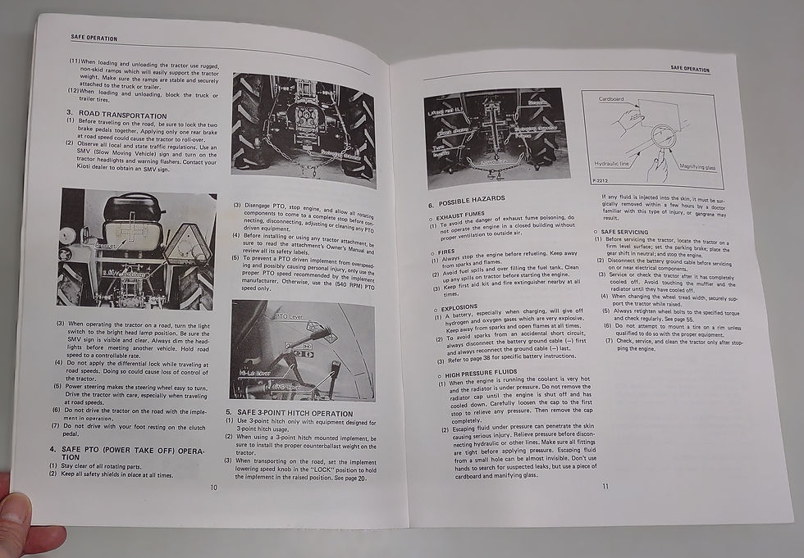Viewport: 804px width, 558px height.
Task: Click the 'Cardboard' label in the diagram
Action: point(611,99)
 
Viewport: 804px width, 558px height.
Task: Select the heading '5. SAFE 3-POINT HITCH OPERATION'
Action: point(295,414)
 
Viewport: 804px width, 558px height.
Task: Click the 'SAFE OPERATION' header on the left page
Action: point(94,38)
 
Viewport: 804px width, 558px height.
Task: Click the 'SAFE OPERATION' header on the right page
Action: point(689,69)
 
